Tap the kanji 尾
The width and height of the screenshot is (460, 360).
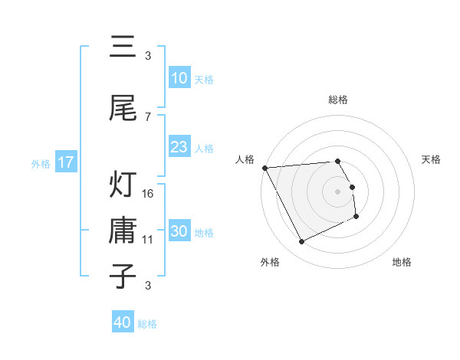pos(123,109)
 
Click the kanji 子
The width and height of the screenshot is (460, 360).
pos(123,276)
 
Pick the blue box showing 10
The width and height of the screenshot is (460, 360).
pos(179,78)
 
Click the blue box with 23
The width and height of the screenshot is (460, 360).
pos(179,147)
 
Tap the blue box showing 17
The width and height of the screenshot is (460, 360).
pos(65,162)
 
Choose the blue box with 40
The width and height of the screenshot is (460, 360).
pos(123,323)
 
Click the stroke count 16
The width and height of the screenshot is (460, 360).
pos(149,194)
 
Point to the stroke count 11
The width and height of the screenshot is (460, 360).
pos(149,240)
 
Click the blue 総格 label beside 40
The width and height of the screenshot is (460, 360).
pos(147,324)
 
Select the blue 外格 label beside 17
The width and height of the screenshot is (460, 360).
pos(41,163)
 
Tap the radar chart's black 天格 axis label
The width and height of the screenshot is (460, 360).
pos(431,159)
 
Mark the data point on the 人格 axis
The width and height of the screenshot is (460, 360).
pos(264,168)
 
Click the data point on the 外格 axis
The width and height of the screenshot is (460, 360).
pos(301,242)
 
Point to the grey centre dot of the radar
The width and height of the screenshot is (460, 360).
pos(338,191)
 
